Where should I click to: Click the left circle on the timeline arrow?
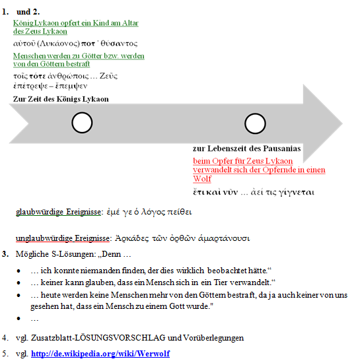pos(82,113)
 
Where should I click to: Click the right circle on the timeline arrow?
pos(255,114)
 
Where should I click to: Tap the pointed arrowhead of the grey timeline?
pos(342,123)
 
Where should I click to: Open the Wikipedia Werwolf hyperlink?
pos(100,354)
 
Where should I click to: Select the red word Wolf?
pos(202,178)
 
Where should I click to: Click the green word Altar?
pos(130,23)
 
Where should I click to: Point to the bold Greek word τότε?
pos(38,76)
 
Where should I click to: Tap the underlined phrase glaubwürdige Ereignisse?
pos(58,212)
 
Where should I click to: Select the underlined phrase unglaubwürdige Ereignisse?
pos(63,238)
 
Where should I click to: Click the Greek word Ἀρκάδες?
pos(132,238)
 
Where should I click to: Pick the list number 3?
pos(5,254)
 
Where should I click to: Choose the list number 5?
pos(5,354)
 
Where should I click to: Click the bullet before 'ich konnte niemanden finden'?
pos(18,271)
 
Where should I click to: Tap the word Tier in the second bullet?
pos(221,282)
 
